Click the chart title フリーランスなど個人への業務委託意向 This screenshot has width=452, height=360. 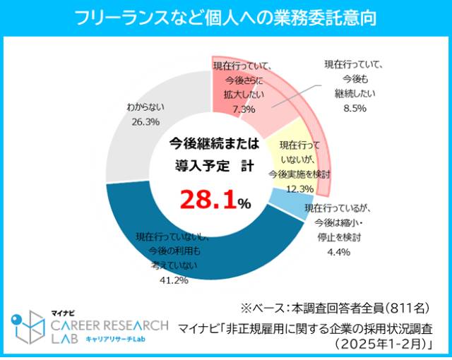point(225,16)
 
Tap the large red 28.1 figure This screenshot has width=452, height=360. point(208,200)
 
